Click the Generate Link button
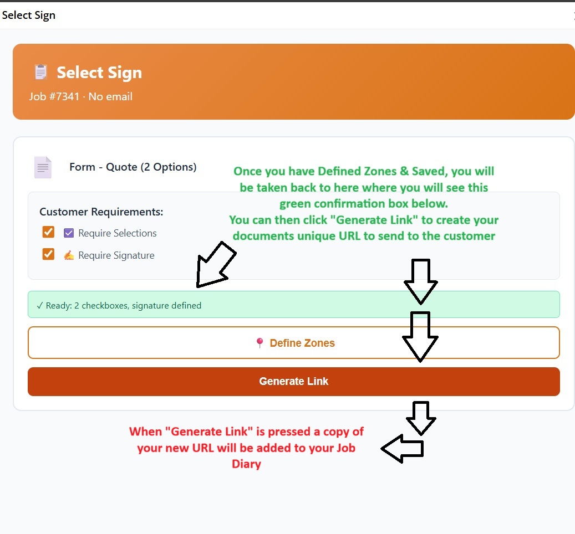click(293, 382)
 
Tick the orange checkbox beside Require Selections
click(49, 232)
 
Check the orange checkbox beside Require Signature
click(49, 254)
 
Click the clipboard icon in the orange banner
click(40, 72)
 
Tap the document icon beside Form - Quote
click(43, 167)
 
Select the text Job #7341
click(54, 96)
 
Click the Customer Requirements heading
click(101, 212)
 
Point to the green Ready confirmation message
click(119, 305)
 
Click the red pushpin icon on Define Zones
click(259, 343)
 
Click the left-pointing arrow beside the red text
click(402, 449)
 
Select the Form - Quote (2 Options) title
click(133, 167)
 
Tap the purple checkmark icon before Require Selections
click(69, 233)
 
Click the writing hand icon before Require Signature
click(69, 255)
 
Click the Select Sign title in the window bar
click(29, 15)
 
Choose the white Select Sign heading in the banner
click(99, 73)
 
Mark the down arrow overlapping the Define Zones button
click(420, 336)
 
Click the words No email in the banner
click(110, 96)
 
